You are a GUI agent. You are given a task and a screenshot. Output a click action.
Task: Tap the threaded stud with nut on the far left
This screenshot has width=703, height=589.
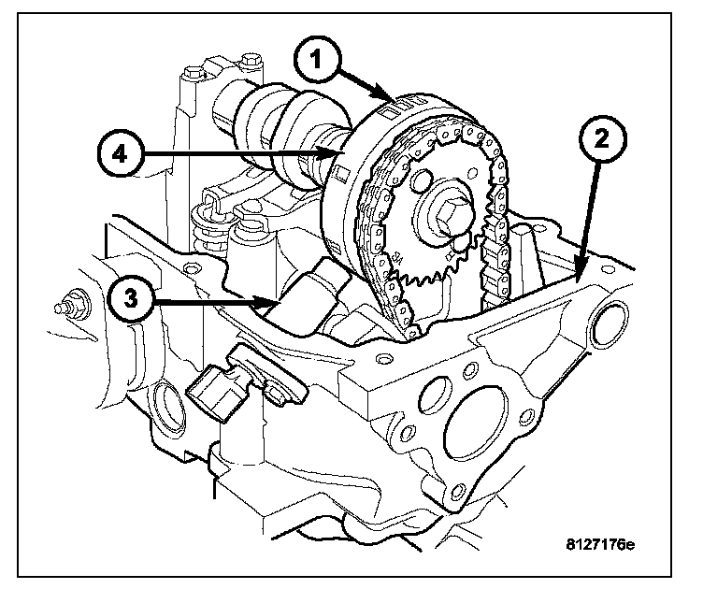coord(69,304)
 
